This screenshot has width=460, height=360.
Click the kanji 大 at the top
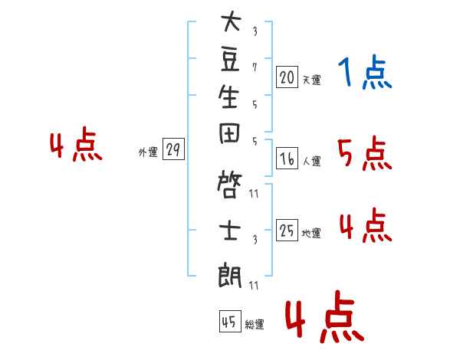(x=232, y=21)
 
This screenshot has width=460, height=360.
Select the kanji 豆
(x=230, y=59)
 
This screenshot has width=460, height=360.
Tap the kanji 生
(x=228, y=97)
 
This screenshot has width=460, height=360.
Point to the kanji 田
(x=229, y=133)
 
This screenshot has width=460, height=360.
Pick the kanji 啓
(x=229, y=185)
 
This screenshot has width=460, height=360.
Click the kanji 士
(x=230, y=231)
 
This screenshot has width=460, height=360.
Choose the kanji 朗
(x=230, y=276)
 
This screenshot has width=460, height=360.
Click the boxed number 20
(x=287, y=77)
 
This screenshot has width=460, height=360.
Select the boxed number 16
(x=287, y=159)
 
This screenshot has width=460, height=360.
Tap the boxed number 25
(x=287, y=230)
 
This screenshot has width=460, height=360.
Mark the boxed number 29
(x=173, y=149)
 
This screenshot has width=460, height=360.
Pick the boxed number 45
(x=230, y=321)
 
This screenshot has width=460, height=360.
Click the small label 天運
(x=312, y=80)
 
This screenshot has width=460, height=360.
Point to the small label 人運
(x=312, y=161)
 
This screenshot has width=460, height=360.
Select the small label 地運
(x=311, y=233)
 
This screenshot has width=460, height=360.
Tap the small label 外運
(x=148, y=152)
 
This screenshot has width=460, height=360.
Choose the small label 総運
(x=255, y=324)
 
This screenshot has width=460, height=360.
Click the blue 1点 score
(x=365, y=72)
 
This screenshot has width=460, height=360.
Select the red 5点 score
(x=365, y=153)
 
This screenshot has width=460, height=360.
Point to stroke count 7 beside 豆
(x=255, y=67)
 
